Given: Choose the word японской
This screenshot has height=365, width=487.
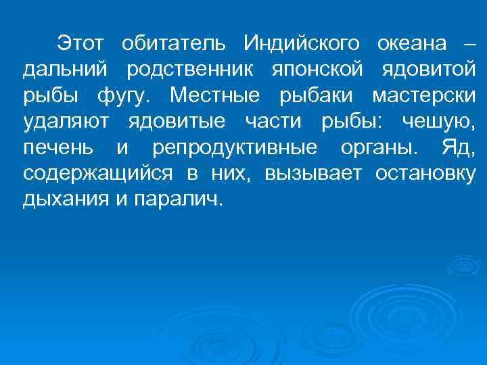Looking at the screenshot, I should (x=318, y=70).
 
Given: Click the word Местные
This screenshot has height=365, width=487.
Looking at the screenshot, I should (x=218, y=95).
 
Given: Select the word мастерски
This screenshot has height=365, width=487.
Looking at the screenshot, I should (x=423, y=95).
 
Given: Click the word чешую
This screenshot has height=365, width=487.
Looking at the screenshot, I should (x=438, y=122).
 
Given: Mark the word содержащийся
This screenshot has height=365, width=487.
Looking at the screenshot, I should (x=96, y=174).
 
